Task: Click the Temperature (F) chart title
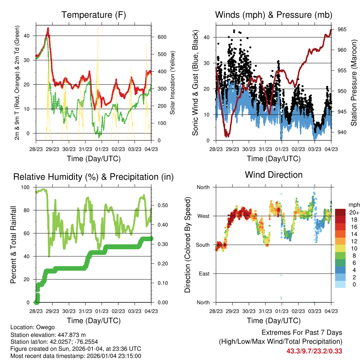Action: [94, 15]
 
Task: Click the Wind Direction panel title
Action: [274, 174]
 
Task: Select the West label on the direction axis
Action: [203, 216]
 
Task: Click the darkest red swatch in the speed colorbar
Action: [341, 212]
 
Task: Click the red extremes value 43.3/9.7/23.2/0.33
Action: [314, 351]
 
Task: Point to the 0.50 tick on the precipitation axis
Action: [160, 205]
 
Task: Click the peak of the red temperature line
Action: [48, 28]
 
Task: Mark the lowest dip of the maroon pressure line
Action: [228, 136]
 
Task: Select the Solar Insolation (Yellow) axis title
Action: [173, 83]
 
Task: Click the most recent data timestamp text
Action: [76, 356]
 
